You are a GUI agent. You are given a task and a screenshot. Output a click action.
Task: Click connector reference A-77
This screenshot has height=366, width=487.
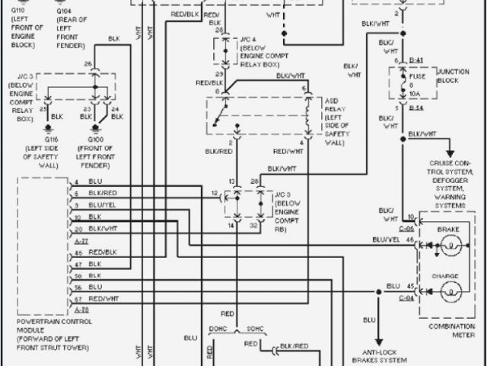coord(81,239)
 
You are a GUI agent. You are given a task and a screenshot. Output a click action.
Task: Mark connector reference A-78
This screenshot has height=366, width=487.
coord(81,310)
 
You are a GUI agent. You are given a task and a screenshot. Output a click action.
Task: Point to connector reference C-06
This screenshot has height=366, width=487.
coord(407,228)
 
